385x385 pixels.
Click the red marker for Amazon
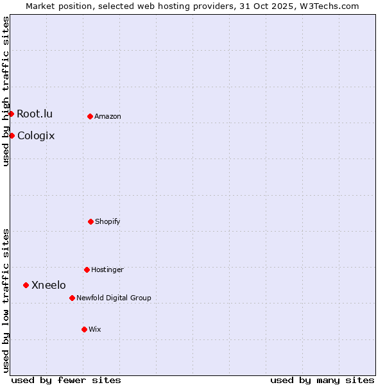tap(90, 116)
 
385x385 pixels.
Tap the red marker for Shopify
tap(90, 221)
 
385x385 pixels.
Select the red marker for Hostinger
tap(87, 269)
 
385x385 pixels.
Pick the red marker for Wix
tap(84, 329)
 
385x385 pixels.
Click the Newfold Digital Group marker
tap(72, 298)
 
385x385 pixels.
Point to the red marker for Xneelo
tap(26, 285)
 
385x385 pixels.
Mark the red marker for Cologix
tap(12, 135)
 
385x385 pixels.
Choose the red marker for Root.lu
tap(11, 114)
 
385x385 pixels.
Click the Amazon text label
tap(108, 116)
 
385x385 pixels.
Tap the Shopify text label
tap(108, 221)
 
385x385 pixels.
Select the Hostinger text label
tap(107, 269)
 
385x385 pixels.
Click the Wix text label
tap(95, 329)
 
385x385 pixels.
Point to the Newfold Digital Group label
tap(114, 298)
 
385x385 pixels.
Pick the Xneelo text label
tap(49, 285)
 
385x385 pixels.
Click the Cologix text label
tap(36, 135)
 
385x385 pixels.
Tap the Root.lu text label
tap(35, 114)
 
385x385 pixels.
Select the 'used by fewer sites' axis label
tap(66, 380)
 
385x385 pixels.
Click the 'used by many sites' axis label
tap(322, 380)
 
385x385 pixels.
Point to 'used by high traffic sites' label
tap(6, 91)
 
